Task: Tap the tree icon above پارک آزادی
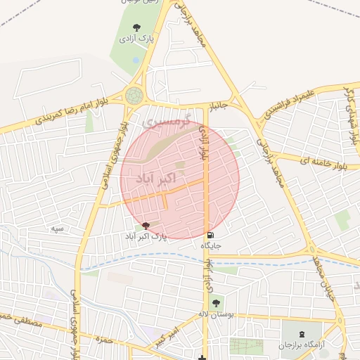pos(136,27)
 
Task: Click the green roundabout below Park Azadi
pos(133,95)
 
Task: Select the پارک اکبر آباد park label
pos(146,237)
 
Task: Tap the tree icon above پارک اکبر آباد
pos(146,226)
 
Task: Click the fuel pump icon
pos(211,235)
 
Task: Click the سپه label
pos(58,229)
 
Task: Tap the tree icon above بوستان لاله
pos(214,302)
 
